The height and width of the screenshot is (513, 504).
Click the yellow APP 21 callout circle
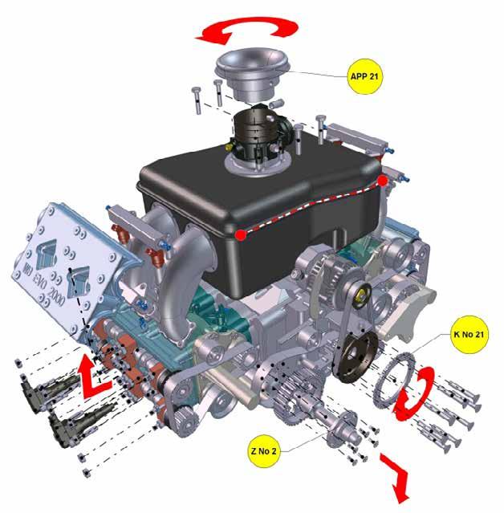coord(364,76)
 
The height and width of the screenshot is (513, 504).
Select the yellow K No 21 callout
coord(469,334)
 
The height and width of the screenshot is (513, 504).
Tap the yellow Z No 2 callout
coord(263,451)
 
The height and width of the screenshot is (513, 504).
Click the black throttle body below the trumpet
coord(259,134)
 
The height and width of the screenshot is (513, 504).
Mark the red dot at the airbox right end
coord(383,181)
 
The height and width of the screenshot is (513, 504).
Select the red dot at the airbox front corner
coord(241,234)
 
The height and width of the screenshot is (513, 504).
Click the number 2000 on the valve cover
coord(56,295)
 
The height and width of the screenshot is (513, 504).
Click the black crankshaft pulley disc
coord(357,356)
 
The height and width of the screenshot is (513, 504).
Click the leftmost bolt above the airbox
coord(197,100)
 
